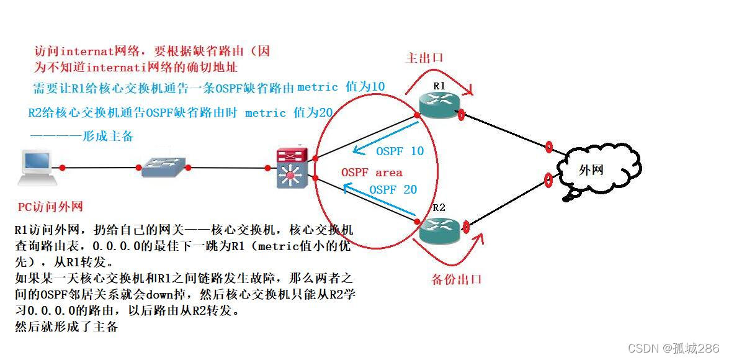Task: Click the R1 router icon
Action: click(439, 105)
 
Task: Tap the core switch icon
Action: click(289, 168)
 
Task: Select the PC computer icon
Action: click(37, 166)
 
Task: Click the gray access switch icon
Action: click(162, 166)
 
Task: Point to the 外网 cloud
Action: click(591, 171)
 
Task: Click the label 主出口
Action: click(424, 58)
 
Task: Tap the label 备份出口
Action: click(456, 279)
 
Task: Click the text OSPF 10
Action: click(400, 151)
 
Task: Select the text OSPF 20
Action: click(393, 190)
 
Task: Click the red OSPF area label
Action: click(372, 173)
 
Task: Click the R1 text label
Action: click(439, 86)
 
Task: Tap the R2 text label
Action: click(439, 208)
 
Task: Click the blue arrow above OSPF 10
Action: click(385, 136)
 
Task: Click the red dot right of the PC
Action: click(63, 167)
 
